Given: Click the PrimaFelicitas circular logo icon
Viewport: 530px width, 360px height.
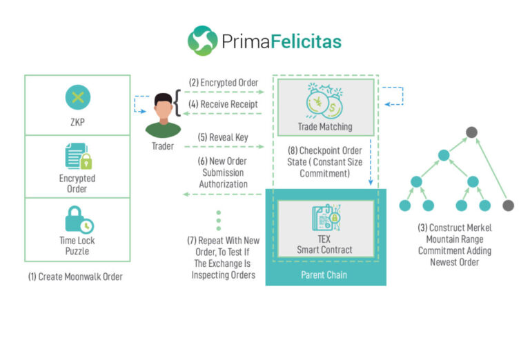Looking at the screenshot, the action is (x=202, y=41).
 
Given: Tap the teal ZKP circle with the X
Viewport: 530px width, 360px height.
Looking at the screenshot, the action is (x=78, y=97).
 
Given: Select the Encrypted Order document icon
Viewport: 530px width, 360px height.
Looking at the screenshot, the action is (x=79, y=156).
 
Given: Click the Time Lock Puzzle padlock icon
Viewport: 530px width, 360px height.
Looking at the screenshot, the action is (x=79, y=220).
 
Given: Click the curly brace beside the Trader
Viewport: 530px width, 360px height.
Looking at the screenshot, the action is (x=177, y=103).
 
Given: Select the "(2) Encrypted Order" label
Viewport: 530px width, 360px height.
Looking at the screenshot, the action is (x=224, y=83).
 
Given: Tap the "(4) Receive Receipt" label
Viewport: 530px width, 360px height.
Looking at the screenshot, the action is (x=223, y=104).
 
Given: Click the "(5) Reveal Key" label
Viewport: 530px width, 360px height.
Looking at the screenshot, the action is (x=223, y=137).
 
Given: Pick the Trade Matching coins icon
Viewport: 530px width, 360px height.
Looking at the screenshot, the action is (x=325, y=101).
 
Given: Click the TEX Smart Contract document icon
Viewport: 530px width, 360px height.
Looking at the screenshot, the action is (x=326, y=217).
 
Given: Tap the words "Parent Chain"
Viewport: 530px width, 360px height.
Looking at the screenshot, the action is (x=324, y=275).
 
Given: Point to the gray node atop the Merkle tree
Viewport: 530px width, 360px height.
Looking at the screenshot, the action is (x=471, y=132).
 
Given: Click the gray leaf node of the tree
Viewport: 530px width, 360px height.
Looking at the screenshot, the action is (x=508, y=206).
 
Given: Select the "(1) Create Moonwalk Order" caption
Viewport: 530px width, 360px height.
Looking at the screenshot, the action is (x=75, y=277).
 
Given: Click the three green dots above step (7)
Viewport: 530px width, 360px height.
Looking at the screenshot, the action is (x=219, y=221).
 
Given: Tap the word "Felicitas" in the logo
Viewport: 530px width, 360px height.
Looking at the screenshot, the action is (x=306, y=41).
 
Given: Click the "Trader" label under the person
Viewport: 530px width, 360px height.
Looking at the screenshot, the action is (x=163, y=146).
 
